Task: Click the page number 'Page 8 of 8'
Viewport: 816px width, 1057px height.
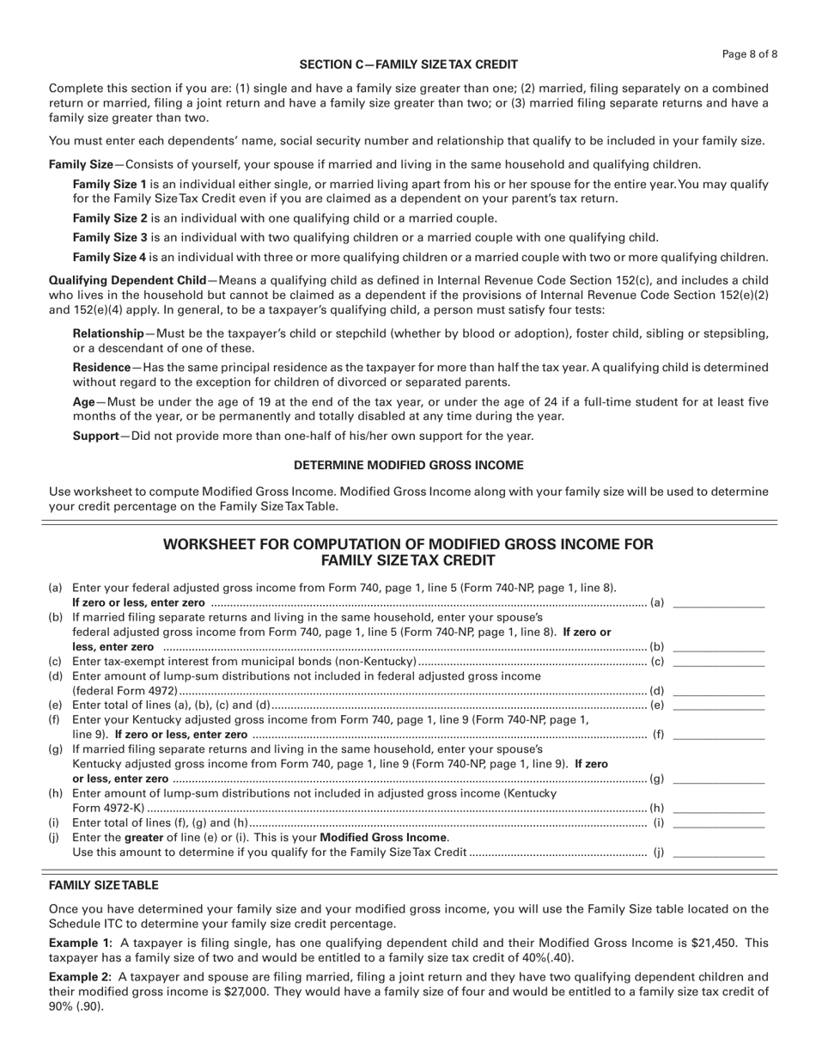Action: pos(750,54)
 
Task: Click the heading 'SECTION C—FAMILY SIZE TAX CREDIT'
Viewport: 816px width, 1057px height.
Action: pos(408,64)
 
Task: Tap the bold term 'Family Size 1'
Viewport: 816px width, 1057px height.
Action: pos(110,184)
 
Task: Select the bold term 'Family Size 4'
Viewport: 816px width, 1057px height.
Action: pos(110,257)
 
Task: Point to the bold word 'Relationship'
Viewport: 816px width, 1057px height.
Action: pos(108,333)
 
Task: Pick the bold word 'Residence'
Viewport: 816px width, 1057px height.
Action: pos(101,367)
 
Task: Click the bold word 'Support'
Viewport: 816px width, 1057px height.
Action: pos(95,436)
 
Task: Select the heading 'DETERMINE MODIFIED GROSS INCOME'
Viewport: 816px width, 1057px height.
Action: pos(408,465)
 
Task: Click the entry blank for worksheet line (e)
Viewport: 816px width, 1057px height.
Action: pos(719,706)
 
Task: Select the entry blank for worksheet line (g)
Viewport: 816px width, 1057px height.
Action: pos(719,779)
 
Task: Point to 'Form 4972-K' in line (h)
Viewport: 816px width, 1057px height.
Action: pos(108,808)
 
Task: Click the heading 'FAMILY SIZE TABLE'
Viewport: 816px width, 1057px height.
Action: pos(103,885)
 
